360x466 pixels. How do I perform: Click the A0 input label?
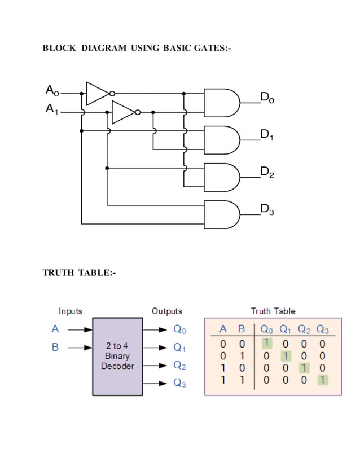coord(51,90)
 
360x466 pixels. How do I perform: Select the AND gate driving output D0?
coord(222,102)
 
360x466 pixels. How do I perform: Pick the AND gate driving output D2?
coord(222,177)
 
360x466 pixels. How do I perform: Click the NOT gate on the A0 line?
coord(99,93)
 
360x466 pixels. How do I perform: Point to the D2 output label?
coord(267,172)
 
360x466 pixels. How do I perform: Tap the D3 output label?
coord(267,210)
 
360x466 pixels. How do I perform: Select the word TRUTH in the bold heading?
coord(59,273)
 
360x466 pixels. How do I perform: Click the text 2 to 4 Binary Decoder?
coord(117,356)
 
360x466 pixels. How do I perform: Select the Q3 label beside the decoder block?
coord(179,384)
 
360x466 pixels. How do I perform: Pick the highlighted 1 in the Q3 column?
coord(322,380)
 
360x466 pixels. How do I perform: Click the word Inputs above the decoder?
coord(71,311)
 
